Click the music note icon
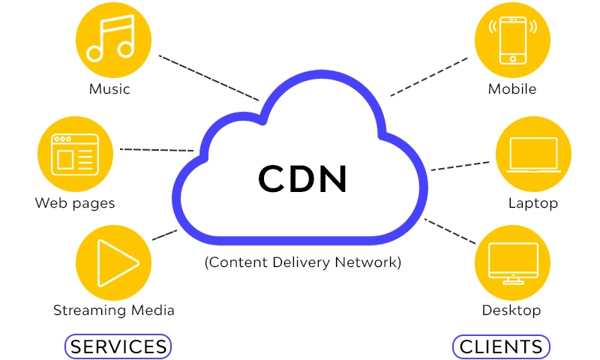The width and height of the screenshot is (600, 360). click(109, 41)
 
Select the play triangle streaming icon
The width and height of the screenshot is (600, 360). click(112, 262)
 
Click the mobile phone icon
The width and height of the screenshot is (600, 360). click(512, 39)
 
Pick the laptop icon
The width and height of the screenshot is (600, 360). click(532, 155)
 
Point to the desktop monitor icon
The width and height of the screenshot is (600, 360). click(512, 262)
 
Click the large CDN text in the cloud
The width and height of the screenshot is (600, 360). click(303, 178)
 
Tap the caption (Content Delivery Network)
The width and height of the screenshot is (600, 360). click(303, 263)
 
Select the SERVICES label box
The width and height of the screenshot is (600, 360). click(118, 346)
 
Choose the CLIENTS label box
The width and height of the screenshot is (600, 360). click(501, 346)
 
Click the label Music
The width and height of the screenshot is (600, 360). click(109, 89)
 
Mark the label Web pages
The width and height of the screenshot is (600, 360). click(75, 203)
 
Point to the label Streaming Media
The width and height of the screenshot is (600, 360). click(114, 310)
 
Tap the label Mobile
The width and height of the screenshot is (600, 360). click(512, 89)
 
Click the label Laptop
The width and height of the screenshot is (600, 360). click(533, 203)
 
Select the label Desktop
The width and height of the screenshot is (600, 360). click(512, 310)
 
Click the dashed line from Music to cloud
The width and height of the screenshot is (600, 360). click(209, 77)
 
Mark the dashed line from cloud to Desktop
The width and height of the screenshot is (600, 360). click(450, 231)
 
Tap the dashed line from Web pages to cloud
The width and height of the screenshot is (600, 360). click(157, 150)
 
